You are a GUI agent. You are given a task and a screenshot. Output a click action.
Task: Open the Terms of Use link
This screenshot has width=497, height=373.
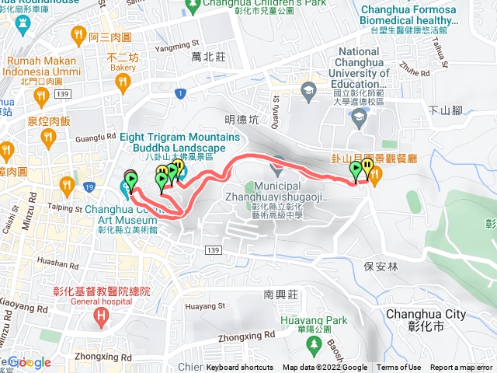coord(398,368)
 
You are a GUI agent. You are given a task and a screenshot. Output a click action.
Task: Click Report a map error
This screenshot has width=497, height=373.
coord(461,368)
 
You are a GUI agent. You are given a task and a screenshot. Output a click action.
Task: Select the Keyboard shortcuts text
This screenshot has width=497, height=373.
coord(240,368)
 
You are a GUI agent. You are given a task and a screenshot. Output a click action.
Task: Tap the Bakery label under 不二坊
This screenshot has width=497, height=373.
coord(122,68)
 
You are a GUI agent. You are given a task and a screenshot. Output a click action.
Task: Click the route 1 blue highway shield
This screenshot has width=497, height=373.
coord(179,94)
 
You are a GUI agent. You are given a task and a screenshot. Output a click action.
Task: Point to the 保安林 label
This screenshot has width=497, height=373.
coord(380,265)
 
